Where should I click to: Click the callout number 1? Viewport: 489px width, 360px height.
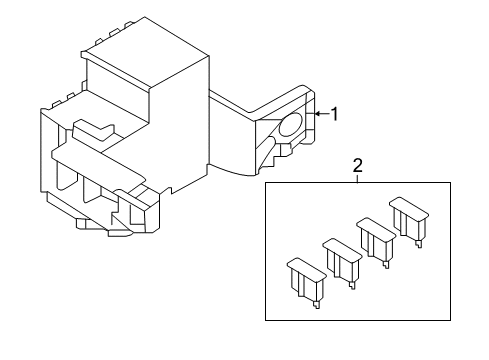click(335, 114)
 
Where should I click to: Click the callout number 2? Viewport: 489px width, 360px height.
click(357, 166)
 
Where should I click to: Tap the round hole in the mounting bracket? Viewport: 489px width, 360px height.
click(290, 124)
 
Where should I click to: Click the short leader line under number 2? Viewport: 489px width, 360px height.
click(357, 178)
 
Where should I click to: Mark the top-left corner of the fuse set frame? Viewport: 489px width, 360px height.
click(266, 180)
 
